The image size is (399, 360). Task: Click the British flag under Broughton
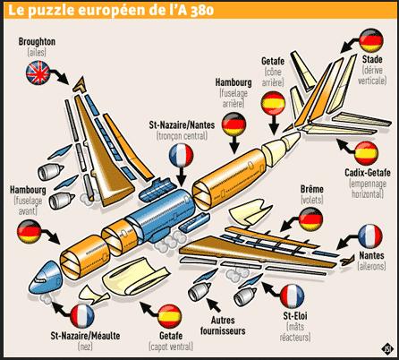pyautogui.click(x=38, y=73)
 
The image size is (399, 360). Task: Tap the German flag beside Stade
pyautogui.click(x=371, y=40)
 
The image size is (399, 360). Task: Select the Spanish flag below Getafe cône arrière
pyautogui.click(x=273, y=103)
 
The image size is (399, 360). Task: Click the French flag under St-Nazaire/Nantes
pyautogui.click(x=181, y=156)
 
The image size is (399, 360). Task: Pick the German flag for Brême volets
pyautogui.click(x=310, y=219)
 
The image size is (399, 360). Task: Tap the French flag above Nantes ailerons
pyautogui.click(x=370, y=236)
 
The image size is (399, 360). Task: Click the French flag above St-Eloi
pyautogui.click(x=293, y=296)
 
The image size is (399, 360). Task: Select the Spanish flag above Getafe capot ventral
pyautogui.click(x=170, y=316)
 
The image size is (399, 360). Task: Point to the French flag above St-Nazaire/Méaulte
pyautogui.click(x=82, y=316)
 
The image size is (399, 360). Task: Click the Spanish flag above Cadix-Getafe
pyautogui.click(x=367, y=153)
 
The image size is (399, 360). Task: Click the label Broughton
pyautogui.click(x=37, y=42)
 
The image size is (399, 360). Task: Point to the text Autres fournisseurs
pyautogui.click(x=223, y=325)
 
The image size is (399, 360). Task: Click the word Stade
pyautogui.click(x=372, y=59)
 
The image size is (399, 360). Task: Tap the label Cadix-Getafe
pyautogui.click(x=368, y=173)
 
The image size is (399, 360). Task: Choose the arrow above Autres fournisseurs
pyautogui.click(x=214, y=304)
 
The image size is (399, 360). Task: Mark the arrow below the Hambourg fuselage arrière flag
pyautogui.click(x=234, y=144)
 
